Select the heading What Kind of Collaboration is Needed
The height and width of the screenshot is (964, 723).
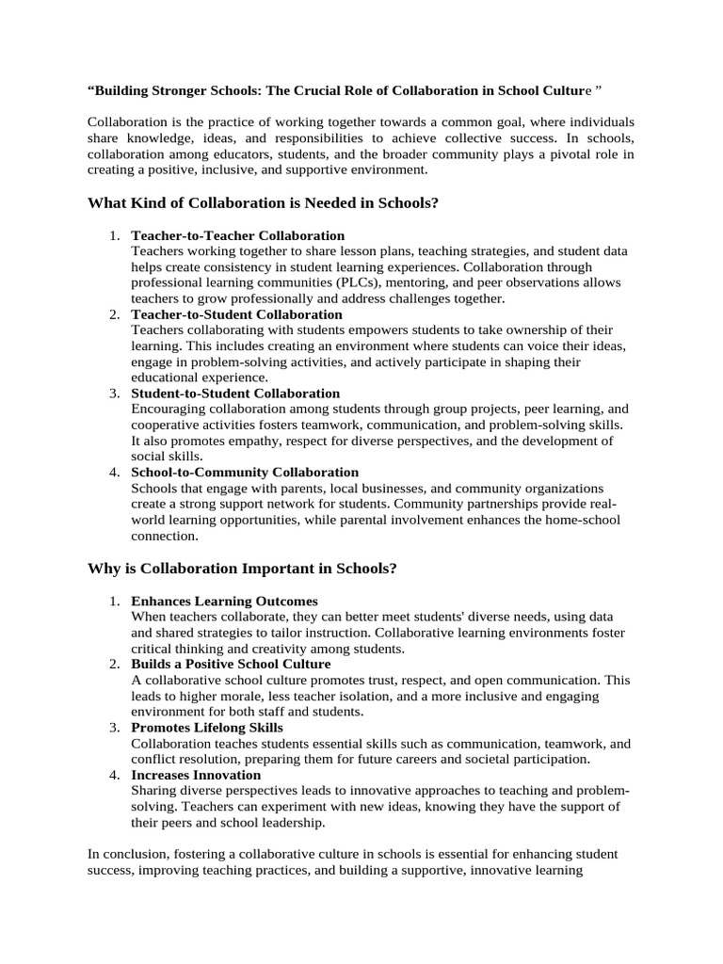[x=263, y=202]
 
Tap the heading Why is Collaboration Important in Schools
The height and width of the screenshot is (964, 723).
[x=242, y=569]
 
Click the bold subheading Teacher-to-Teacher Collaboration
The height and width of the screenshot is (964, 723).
[x=237, y=235]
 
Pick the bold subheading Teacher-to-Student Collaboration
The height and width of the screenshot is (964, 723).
[x=236, y=314]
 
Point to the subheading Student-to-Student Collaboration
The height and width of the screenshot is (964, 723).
[x=235, y=393]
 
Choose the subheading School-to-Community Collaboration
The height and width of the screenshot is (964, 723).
[x=245, y=472]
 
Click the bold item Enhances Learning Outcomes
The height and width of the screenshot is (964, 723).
[x=224, y=601]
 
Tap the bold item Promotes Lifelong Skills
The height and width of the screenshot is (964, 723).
[x=207, y=728]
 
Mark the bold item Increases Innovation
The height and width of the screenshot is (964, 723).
[x=196, y=775]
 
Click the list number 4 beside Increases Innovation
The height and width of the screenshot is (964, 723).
[x=113, y=775]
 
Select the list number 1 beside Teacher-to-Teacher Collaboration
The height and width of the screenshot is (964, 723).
[x=113, y=235]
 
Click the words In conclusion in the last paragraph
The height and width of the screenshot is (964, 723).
[x=126, y=854]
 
